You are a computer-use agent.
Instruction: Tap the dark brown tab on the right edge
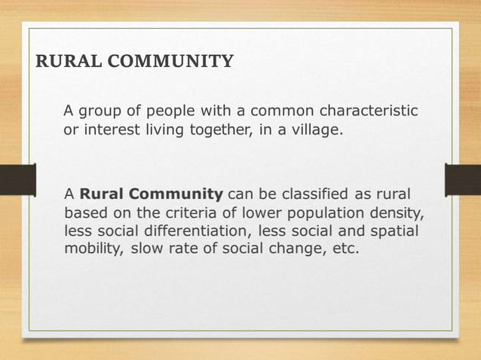click(463, 180)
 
